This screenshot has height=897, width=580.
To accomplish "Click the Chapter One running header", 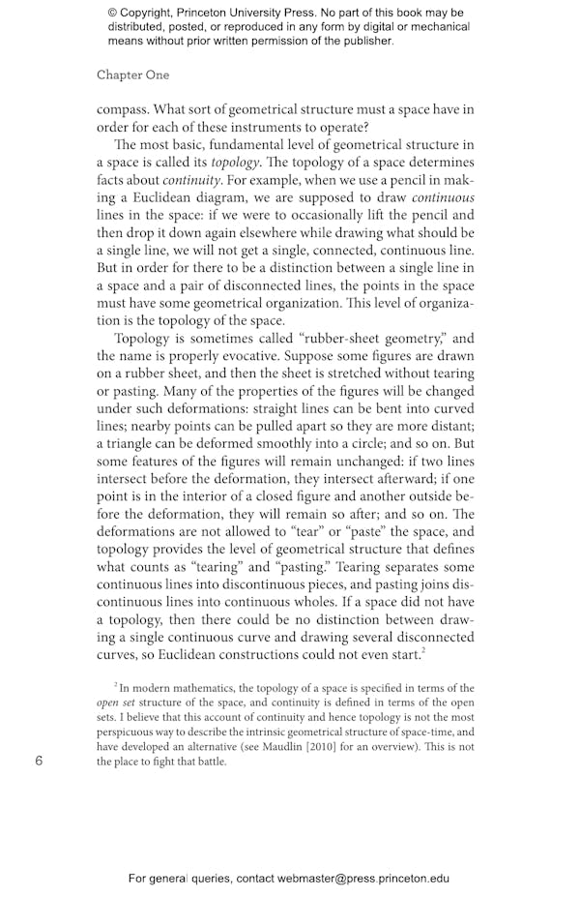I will [132, 75].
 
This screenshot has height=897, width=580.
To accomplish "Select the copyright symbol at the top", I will [113, 13].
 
